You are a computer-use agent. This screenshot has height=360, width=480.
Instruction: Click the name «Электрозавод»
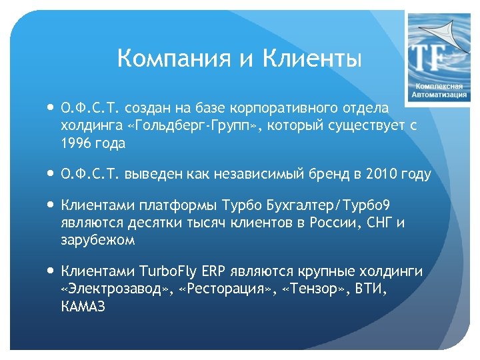(114, 289)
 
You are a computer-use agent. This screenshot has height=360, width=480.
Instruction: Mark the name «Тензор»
(311, 289)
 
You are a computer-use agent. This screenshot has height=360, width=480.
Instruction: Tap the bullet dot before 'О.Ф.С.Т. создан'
(51, 107)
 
